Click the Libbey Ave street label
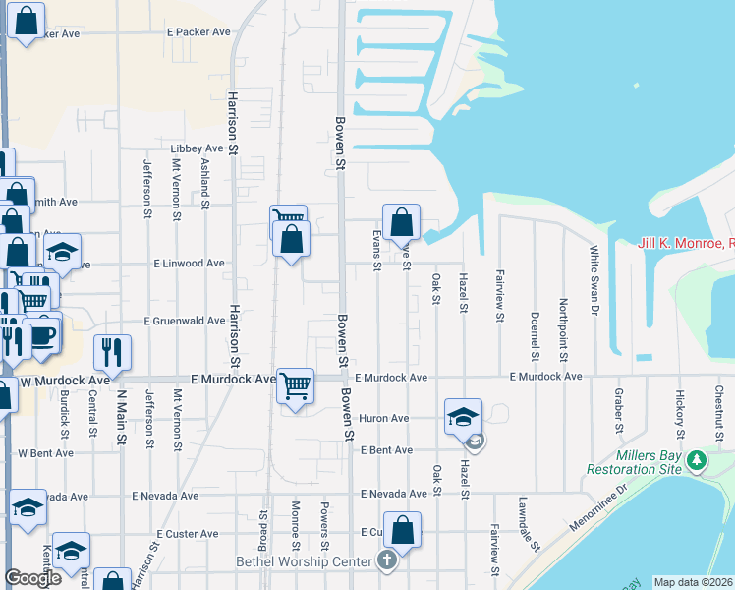click(198, 147)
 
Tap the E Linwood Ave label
click(189, 264)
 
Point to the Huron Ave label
click(383, 418)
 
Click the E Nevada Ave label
click(393, 494)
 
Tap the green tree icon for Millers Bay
click(697, 460)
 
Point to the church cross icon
click(387, 561)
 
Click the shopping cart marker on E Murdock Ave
click(295, 385)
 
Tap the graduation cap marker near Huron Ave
click(462, 416)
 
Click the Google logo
click(32, 578)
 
